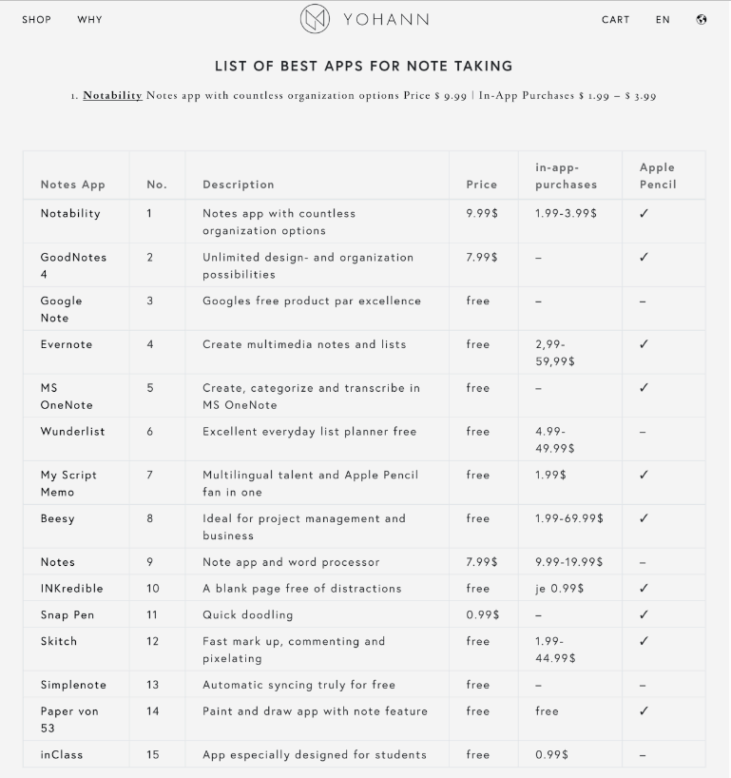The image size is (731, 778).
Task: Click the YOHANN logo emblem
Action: pyautogui.click(x=315, y=19)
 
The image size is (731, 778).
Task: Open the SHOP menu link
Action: pyautogui.click(x=37, y=19)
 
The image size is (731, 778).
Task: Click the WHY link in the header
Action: pyautogui.click(x=90, y=19)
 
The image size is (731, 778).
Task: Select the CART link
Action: pyautogui.click(x=615, y=19)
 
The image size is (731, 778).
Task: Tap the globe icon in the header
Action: pyautogui.click(x=702, y=19)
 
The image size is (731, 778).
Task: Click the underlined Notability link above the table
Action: pyautogui.click(x=112, y=95)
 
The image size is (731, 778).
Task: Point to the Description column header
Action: pyautogui.click(x=238, y=185)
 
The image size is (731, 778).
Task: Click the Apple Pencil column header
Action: pyautogui.click(x=658, y=176)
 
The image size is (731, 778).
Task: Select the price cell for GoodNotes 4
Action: pyautogui.click(x=482, y=257)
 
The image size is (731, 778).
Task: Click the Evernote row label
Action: pyautogui.click(x=67, y=344)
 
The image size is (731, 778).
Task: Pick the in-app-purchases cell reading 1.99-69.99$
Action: pyautogui.click(x=568, y=518)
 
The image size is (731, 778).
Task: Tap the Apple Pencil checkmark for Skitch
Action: pyautogui.click(x=644, y=641)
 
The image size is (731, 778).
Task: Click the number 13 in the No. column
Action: pyautogui.click(x=153, y=685)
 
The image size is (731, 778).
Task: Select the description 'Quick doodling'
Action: pyautogui.click(x=247, y=614)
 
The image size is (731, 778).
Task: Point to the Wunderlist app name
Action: pyautogui.click(x=72, y=431)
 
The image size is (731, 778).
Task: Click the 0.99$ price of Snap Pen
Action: pyautogui.click(x=482, y=614)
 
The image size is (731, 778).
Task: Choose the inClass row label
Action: pyautogui.click(x=62, y=754)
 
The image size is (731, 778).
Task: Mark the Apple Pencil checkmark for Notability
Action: pyautogui.click(x=644, y=213)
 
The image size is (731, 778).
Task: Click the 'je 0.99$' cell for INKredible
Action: pyautogui.click(x=559, y=589)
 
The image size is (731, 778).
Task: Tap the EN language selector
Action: pyautogui.click(x=663, y=19)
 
